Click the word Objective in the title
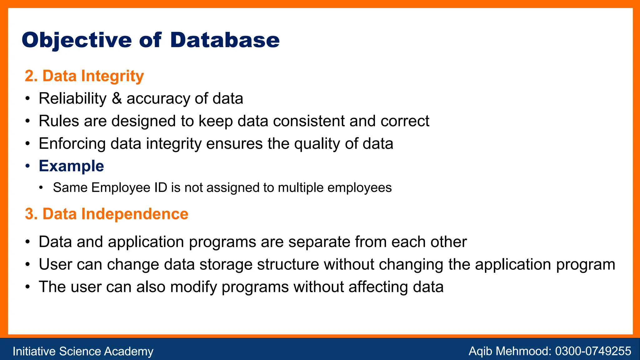pyautogui.click(x=77, y=41)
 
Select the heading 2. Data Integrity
pyautogui.click(x=84, y=76)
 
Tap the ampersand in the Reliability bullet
pyautogui.click(x=117, y=98)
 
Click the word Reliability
pyautogui.click(x=72, y=99)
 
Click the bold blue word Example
pyautogui.click(x=71, y=166)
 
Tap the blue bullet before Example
pyautogui.click(x=28, y=166)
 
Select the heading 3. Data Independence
pyautogui.click(x=107, y=214)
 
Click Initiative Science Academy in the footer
pyautogui.click(x=83, y=351)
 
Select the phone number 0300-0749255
pyautogui.click(x=593, y=351)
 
